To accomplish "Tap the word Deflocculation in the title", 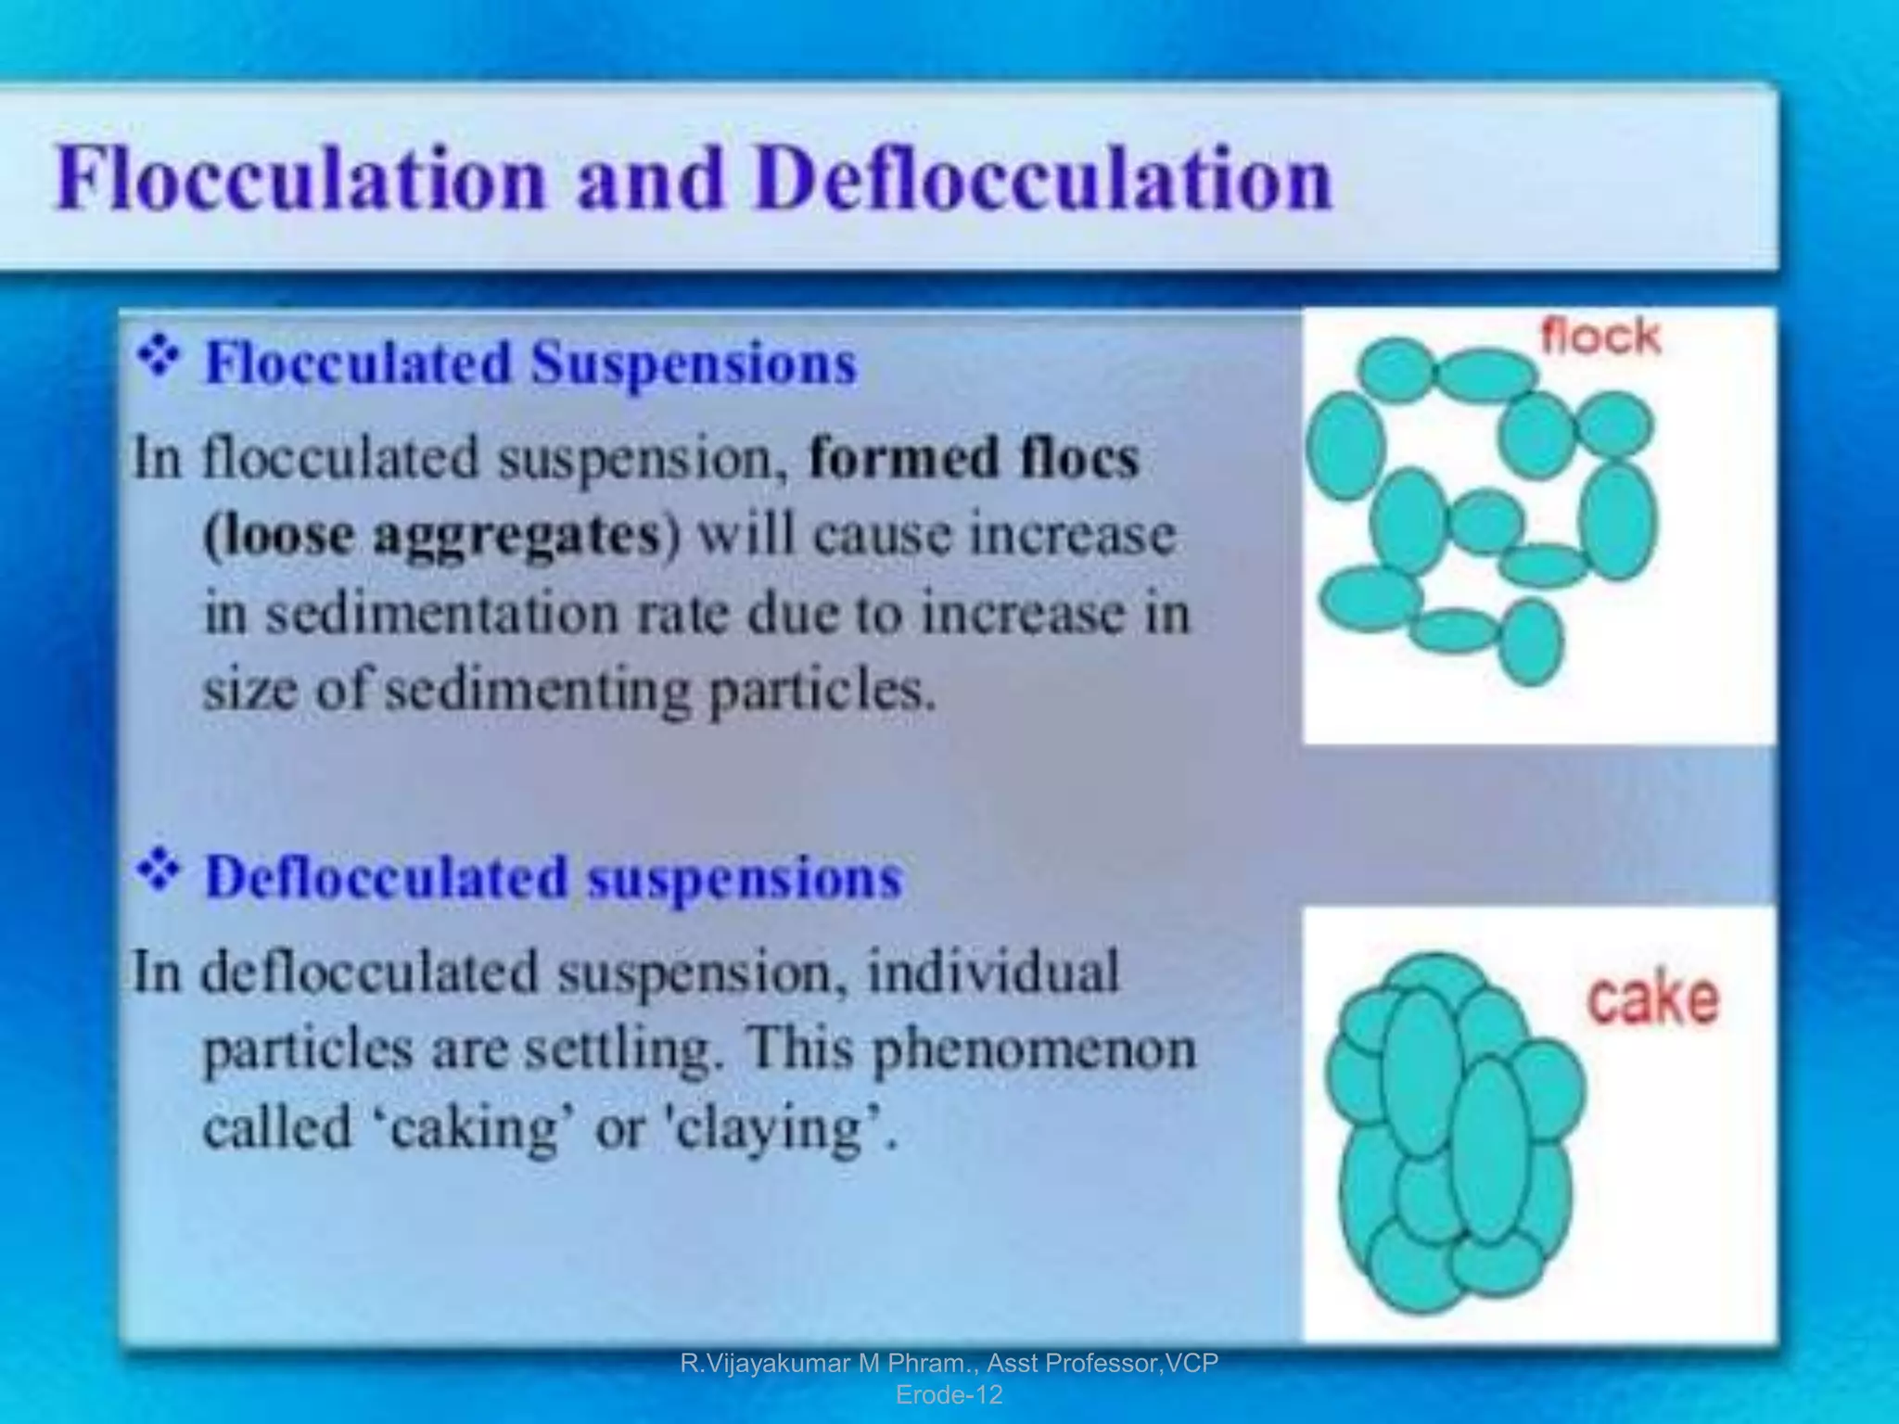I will coord(1043,178).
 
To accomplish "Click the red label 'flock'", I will coord(1599,337).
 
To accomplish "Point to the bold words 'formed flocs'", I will coord(974,458).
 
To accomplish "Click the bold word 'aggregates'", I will coord(516,536).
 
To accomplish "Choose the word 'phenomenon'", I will coord(1034,1049).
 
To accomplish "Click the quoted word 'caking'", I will coord(475,1127).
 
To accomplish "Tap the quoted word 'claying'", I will coord(775,1129).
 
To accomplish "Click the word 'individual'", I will coord(993,972).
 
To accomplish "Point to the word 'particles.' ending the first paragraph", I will coord(822,692).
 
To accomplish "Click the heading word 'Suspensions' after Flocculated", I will coord(694,362).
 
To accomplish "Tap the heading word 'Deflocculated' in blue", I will coord(386,877).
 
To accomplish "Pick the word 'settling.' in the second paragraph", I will coord(623,1049).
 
